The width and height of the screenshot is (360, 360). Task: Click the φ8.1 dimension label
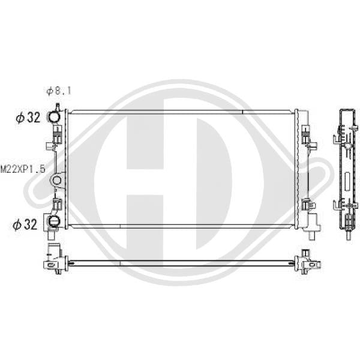click(59, 91)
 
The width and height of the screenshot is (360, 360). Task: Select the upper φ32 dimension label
click(28, 118)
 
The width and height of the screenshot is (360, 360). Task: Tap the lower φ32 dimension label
click(25, 224)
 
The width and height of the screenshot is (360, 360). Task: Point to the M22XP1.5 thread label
click(23, 169)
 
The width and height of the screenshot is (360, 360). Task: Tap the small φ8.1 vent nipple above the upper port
click(58, 107)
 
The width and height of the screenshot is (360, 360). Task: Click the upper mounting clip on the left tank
click(58, 134)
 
